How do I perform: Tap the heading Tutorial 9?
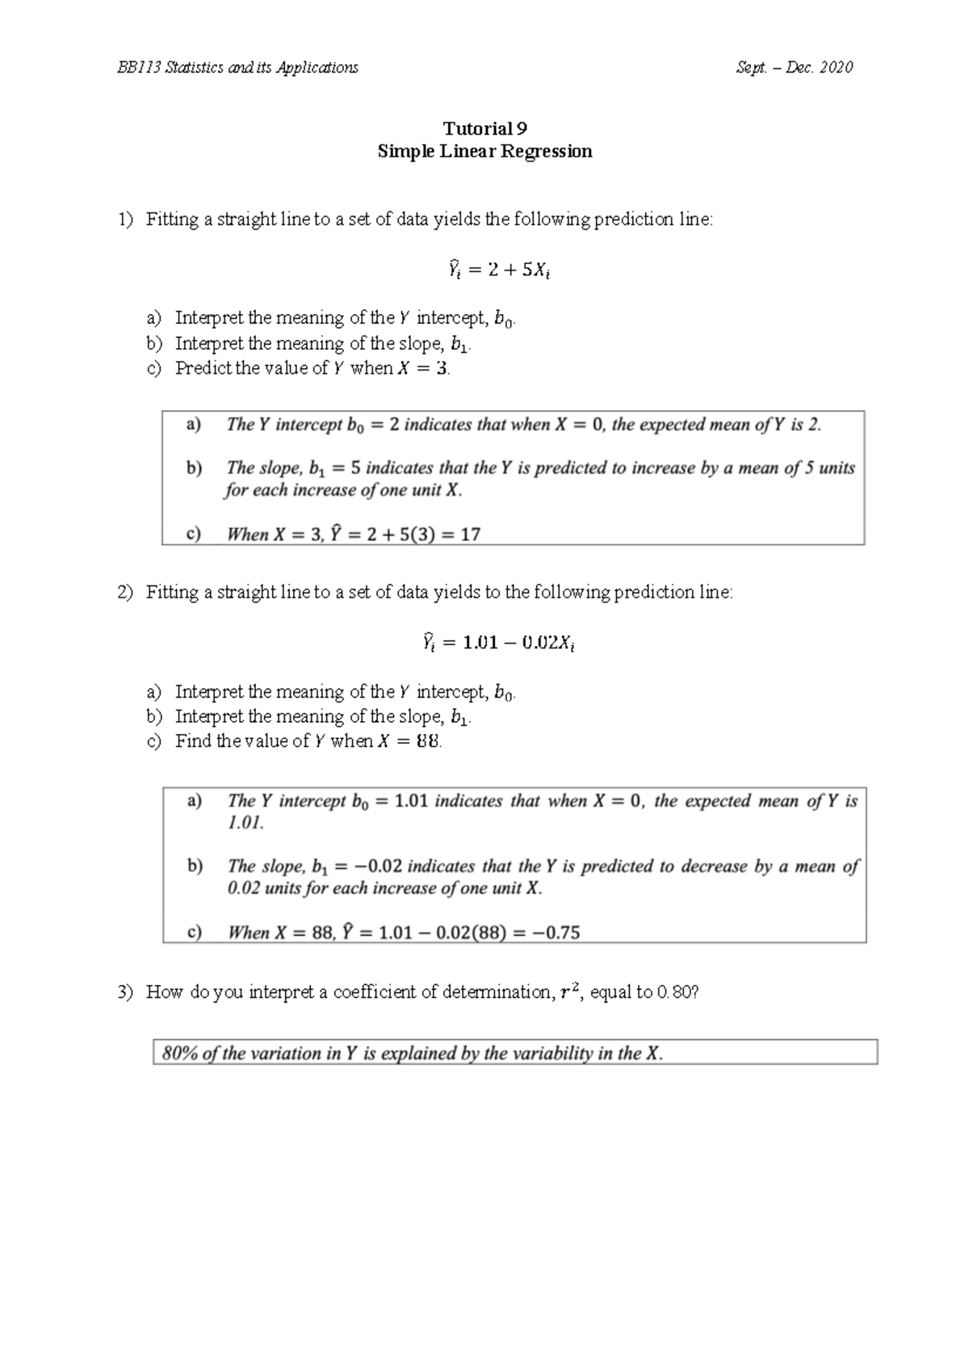coord(484,128)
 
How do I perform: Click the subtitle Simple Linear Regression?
coord(484,151)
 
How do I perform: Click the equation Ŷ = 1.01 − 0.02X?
coord(499,643)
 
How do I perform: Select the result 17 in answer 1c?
coord(470,534)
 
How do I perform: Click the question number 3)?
coord(124,992)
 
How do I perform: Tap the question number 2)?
coord(124,593)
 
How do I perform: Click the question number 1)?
coord(124,220)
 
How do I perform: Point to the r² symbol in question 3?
coord(570,992)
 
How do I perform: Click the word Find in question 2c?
coord(193,741)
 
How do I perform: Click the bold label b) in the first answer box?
coord(194,467)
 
